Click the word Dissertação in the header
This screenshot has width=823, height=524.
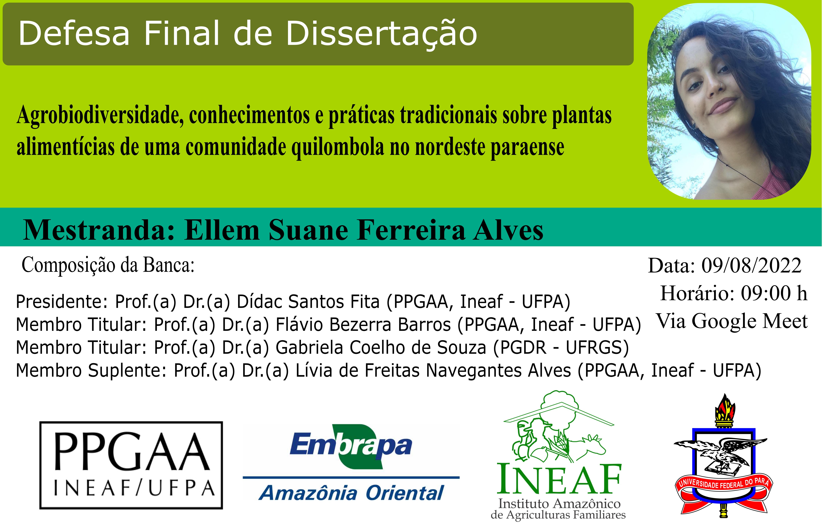(x=382, y=34)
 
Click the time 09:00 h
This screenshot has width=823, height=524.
(x=774, y=293)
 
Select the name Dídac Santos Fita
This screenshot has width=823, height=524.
(x=308, y=301)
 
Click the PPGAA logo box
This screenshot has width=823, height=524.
(x=131, y=465)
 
